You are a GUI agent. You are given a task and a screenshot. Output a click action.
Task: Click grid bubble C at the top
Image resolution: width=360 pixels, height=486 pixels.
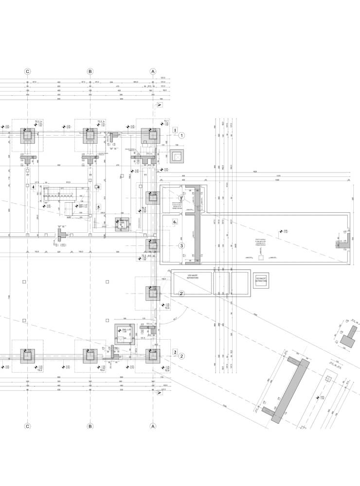(x=28, y=71)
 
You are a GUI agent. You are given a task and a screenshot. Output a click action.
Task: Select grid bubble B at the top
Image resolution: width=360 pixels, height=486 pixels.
(x=90, y=71)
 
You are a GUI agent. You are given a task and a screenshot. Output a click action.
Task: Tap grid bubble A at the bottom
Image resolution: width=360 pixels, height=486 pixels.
(x=153, y=426)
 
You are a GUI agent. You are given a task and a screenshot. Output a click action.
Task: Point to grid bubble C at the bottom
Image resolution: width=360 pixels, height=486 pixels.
(x=28, y=426)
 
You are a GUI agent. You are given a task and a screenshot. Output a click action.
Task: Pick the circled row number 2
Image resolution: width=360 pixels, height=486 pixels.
(x=181, y=356)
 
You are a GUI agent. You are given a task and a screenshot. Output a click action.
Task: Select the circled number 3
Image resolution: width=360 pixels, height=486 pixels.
(x=181, y=245)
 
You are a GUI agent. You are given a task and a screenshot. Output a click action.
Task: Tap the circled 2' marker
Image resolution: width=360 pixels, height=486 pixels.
(x=181, y=294)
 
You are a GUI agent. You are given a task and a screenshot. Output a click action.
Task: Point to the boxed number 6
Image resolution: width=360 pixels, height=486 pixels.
(x=175, y=222)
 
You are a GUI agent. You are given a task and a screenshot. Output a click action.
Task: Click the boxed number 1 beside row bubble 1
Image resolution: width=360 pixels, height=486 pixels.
(x=175, y=130)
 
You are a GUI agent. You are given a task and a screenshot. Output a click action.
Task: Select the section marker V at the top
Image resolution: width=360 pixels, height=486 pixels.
(x=159, y=104)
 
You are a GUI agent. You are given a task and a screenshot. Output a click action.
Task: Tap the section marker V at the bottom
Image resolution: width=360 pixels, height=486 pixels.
(x=159, y=393)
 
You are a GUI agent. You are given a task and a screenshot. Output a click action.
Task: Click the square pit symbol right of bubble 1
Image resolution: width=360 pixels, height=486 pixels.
(x=178, y=156)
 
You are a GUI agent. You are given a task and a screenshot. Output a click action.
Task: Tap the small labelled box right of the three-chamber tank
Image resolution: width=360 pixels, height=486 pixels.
(x=262, y=280)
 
